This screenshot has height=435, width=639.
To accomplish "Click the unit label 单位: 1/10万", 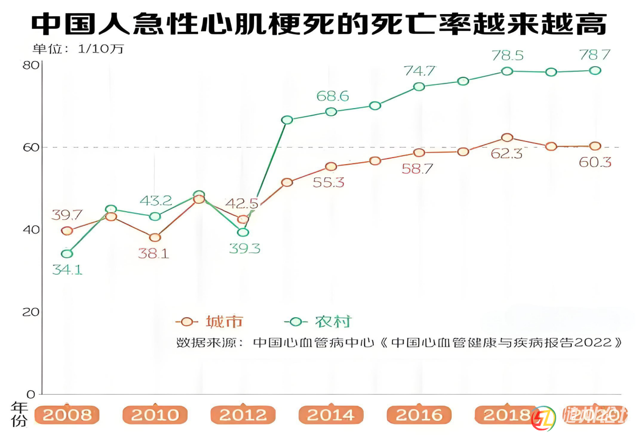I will [78, 49].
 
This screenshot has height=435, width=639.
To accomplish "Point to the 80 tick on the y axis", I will [31, 65].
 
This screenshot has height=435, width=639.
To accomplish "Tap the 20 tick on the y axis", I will [31, 312].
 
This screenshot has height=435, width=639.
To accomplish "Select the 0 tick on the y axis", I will [31, 394].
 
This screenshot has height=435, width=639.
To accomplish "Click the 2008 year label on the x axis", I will [67, 415].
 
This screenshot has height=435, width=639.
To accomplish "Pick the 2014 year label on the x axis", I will [331, 415].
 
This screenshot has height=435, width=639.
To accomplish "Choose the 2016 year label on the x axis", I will [419, 415].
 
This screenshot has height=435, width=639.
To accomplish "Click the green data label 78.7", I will [595, 55].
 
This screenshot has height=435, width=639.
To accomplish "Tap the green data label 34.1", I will [67, 269].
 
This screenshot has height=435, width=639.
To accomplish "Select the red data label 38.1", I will [154, 253].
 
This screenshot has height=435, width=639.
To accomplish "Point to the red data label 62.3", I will [507, 153].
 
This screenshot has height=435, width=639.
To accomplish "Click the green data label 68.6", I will [332, 96].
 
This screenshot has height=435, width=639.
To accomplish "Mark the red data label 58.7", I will [418, 169].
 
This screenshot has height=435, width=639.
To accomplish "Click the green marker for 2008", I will [67, 254].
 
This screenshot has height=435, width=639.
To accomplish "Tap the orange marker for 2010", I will [155, 237].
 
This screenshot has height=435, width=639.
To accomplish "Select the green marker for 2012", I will [243, 232].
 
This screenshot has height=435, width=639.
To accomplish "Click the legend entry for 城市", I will [210, 321].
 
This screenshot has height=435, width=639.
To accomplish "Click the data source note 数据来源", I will [399, 342].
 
